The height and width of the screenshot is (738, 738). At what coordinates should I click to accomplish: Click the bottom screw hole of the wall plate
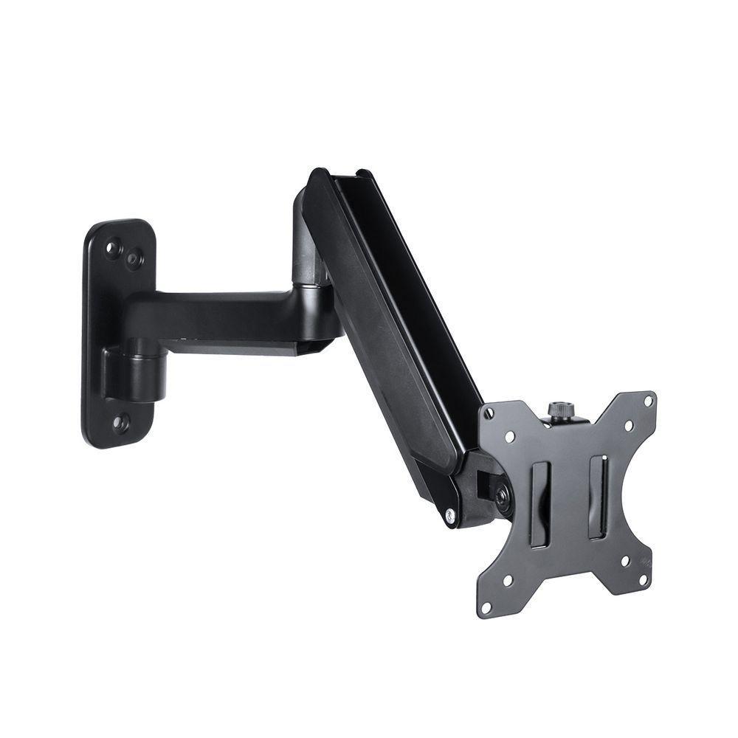[x=120, y=424]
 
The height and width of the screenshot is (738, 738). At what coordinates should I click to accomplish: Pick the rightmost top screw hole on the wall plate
[x=134, y=258]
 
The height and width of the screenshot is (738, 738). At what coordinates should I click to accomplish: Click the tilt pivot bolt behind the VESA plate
[x=503, y=495]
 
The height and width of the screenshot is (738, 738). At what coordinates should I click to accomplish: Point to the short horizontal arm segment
[x=221, y=314]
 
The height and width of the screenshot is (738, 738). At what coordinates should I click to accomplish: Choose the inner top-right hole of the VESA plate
[x=628, y=425]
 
